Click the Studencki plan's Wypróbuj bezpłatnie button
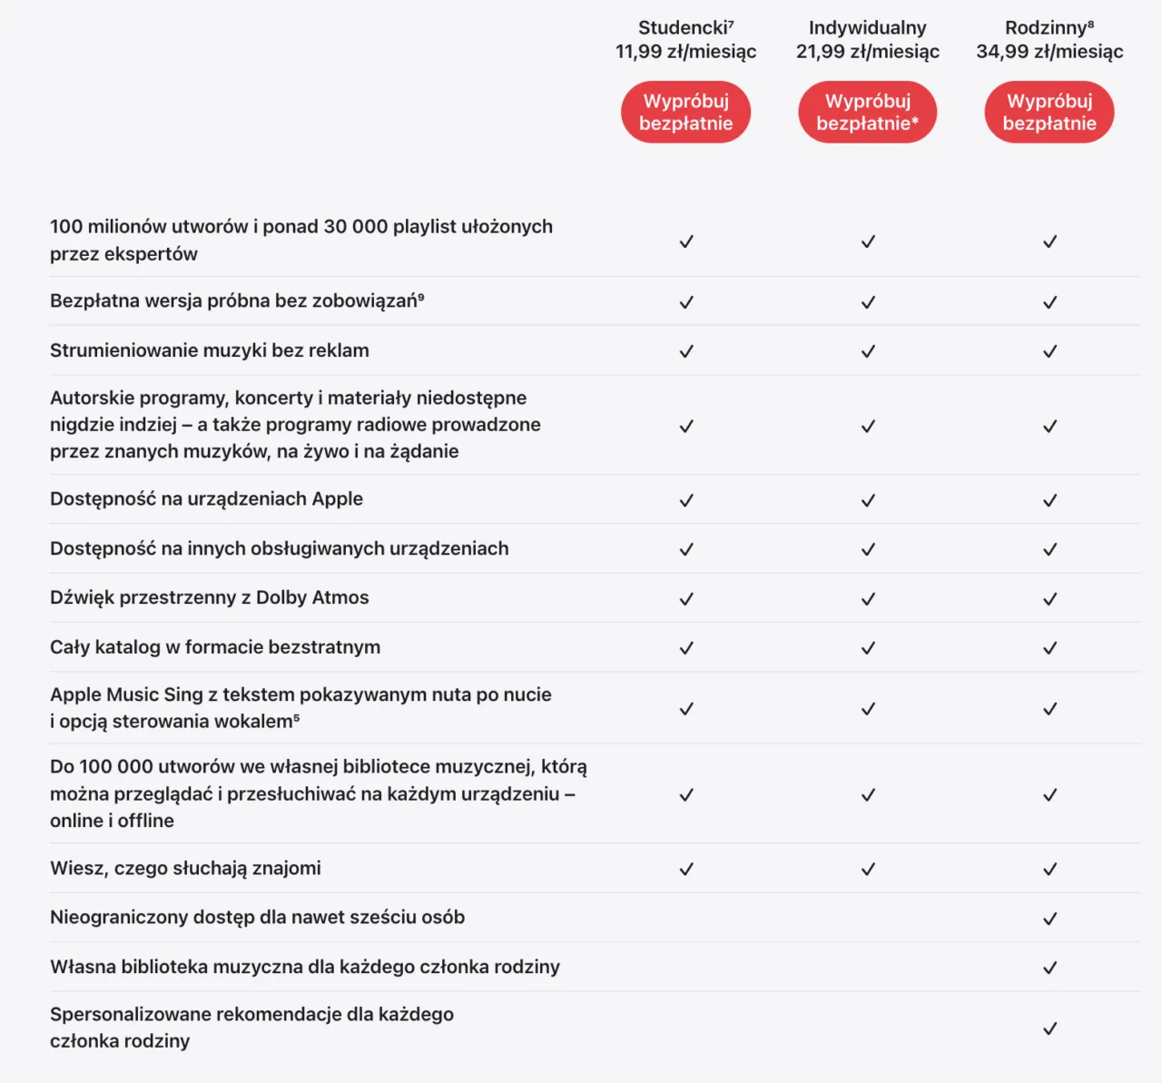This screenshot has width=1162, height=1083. (685, 113)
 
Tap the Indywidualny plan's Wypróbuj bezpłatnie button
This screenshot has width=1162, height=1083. (867, 113)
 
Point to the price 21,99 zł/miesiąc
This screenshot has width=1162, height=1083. (867, 52)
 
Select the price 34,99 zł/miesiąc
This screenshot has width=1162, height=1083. (1049, 52)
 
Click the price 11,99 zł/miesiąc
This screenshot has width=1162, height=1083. (685, 52)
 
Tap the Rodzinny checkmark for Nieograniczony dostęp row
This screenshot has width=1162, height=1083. (1049, 919)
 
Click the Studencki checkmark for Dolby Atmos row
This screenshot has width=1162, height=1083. (686, 599)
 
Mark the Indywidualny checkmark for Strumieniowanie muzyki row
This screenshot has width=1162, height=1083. (868, 351)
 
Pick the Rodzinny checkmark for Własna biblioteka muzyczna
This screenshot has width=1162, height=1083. (1049, 968)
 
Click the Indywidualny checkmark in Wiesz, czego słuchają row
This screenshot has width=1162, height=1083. (868, 870)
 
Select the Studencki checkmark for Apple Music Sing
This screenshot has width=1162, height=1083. (686, 709)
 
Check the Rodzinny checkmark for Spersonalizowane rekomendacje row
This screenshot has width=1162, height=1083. (1049, 1029)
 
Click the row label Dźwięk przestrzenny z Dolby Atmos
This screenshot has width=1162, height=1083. (209, 598)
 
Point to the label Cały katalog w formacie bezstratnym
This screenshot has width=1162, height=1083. (215, 647)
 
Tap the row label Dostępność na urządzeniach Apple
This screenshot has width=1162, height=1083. (206, 499)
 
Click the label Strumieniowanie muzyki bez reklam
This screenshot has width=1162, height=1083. (209, 351)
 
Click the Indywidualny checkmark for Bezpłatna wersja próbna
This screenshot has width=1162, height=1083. (868, 302)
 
